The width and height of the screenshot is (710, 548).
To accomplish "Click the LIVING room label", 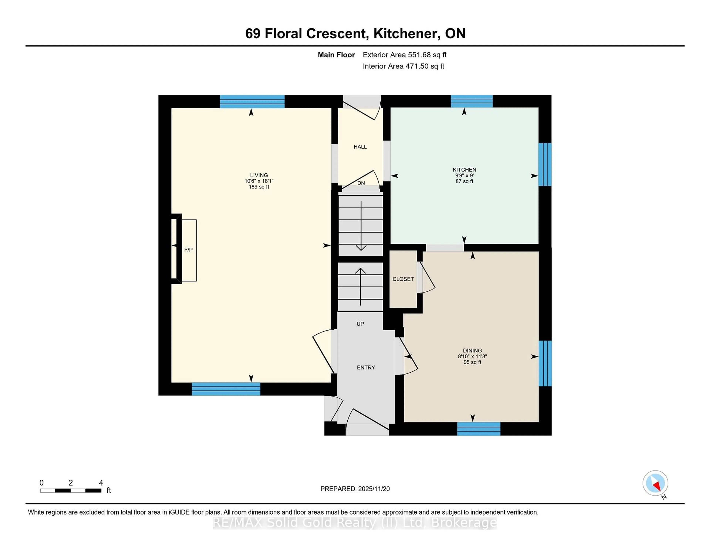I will coord(259,175).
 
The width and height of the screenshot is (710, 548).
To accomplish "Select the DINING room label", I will coord(472,350).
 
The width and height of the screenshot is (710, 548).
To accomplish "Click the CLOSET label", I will coord(403,279).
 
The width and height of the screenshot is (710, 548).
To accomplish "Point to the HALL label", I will coord(360,147).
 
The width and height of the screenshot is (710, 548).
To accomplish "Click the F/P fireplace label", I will coord(188,250).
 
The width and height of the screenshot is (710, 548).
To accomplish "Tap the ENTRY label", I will coord(366,367).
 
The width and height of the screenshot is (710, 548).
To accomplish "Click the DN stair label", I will coord(361,183).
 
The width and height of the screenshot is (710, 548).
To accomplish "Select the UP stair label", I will coord(360,324).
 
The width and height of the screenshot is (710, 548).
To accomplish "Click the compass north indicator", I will coord(655,483).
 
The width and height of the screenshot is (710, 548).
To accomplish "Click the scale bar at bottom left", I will coord(71,490).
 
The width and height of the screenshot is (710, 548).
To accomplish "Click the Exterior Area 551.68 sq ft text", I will coord(404,55).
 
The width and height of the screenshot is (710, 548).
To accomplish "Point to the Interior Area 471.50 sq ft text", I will coord(403,66).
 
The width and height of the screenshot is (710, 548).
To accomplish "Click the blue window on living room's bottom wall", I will coord(226,389).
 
